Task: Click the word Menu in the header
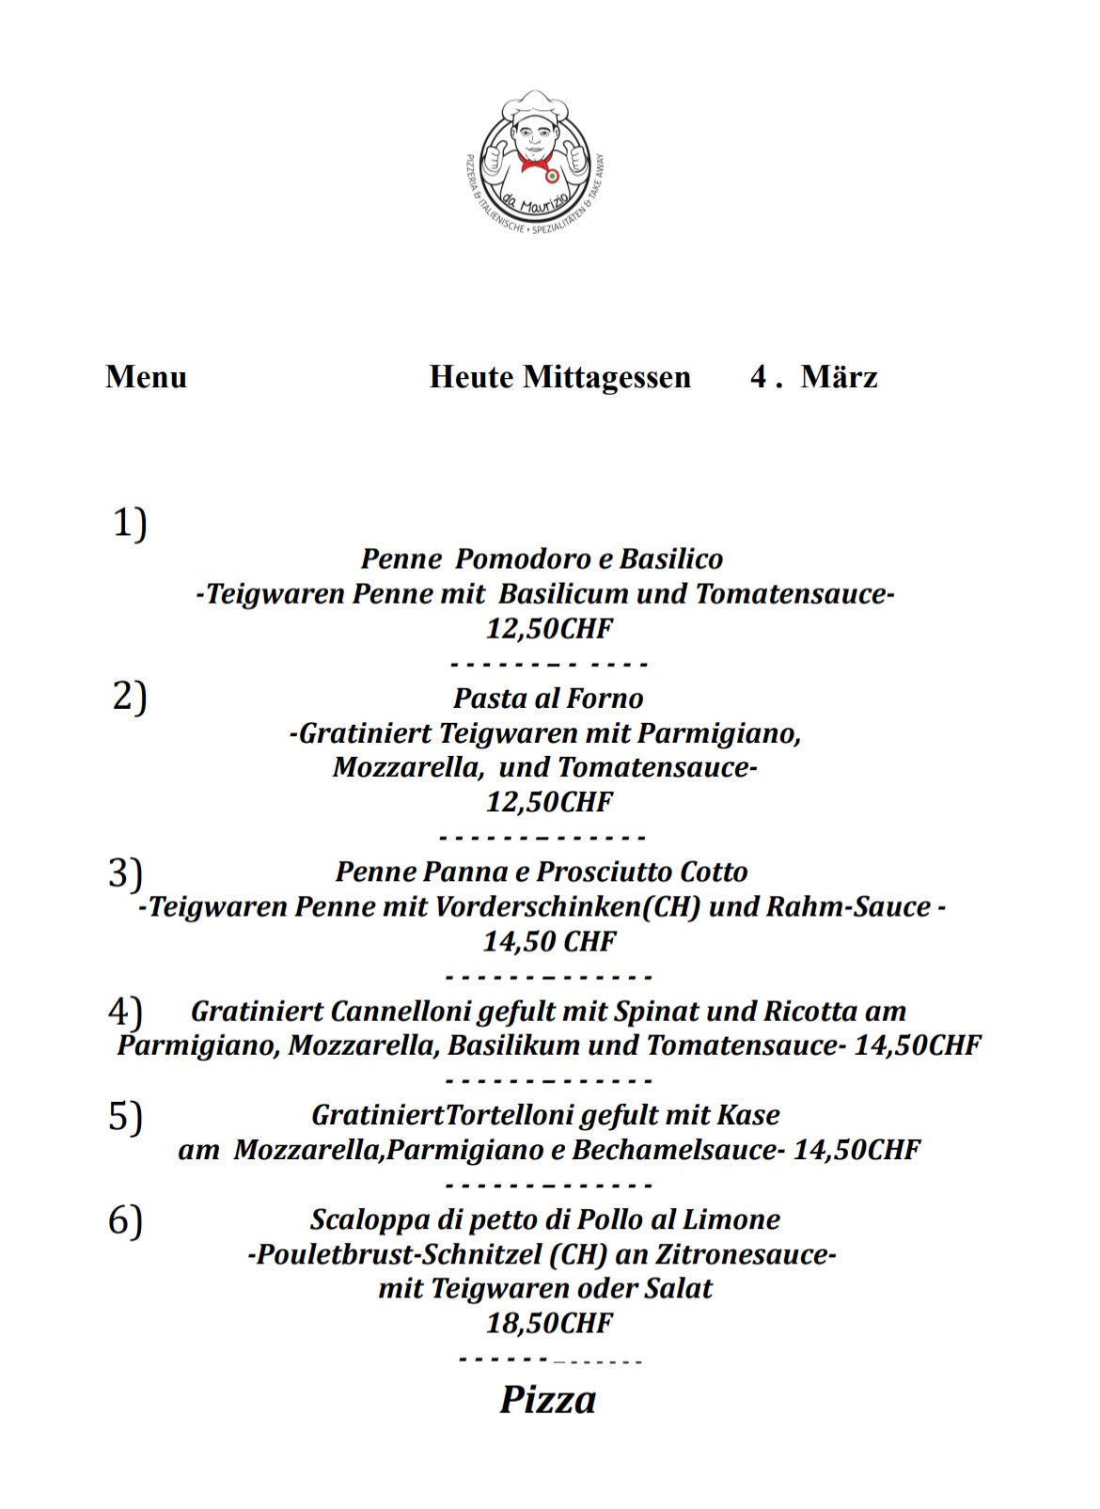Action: [146, 377]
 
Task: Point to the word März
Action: [839, 377]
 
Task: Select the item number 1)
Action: [130, 523]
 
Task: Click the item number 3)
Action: [125, 872]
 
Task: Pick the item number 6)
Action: [125, 1220]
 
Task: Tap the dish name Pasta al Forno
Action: [548, 699]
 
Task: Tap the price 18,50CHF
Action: [549, 1324]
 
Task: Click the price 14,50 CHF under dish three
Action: [549, 941]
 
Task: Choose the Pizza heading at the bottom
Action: [548, 1399]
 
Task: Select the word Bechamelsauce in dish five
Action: [678, 1151]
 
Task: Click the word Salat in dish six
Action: [677, 1289]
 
